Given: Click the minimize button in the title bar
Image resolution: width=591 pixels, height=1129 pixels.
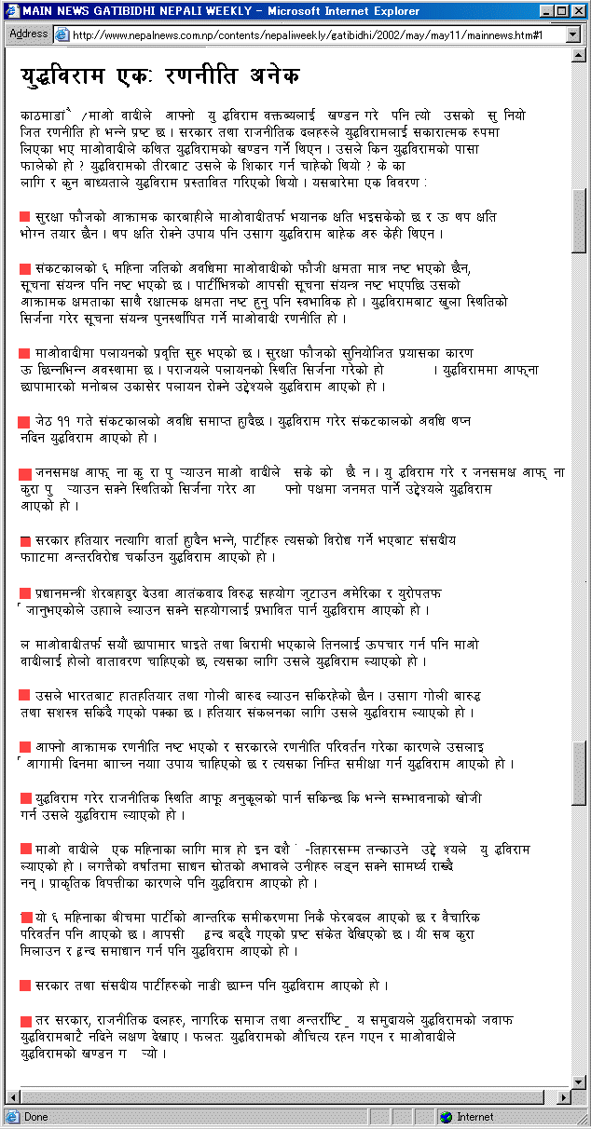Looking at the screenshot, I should (546, 10).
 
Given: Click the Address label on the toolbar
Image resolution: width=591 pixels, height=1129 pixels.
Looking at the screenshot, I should (28, 34).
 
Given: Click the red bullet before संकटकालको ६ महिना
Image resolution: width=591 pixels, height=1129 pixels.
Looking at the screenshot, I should (25, 268).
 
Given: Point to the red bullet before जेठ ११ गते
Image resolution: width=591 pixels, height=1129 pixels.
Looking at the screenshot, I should (25, 421).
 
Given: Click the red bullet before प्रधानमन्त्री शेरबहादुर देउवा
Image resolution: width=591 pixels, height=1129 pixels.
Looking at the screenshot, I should (25, 593).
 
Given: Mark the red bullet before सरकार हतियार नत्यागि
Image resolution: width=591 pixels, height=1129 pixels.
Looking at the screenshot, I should (25, 541).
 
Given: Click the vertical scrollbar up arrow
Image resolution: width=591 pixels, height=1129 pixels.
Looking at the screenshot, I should (579, 56).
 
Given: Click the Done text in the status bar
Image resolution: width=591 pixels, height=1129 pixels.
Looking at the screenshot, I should (36, 1117).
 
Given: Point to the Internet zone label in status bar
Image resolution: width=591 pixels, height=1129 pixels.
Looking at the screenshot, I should (475, 1117).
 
